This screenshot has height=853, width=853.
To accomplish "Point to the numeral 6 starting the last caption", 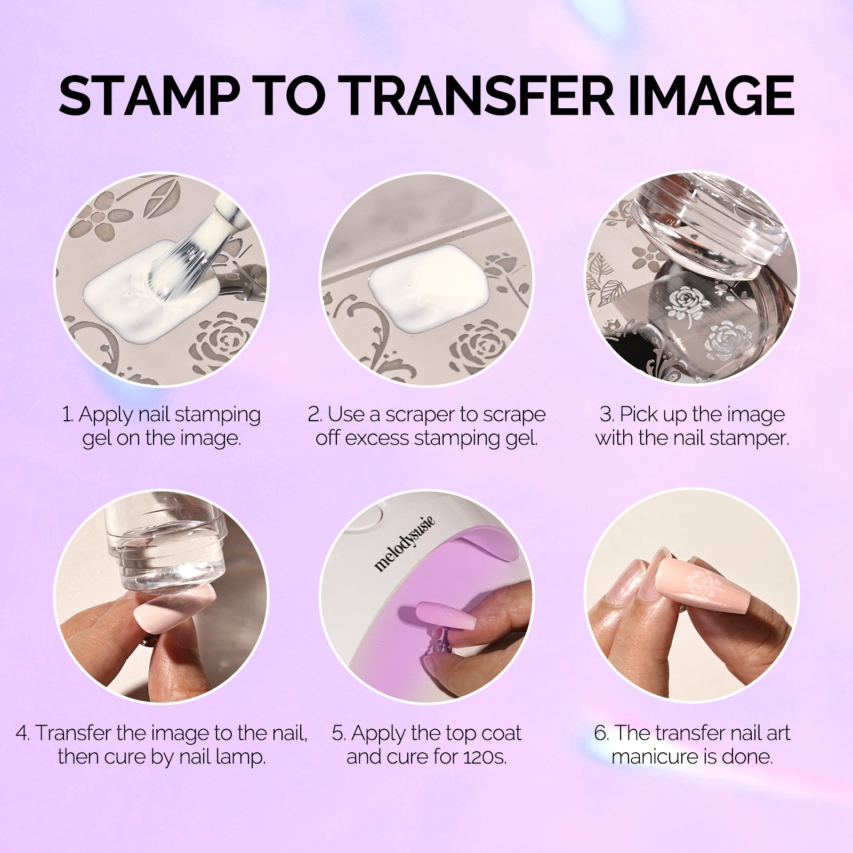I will coord(600,733).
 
